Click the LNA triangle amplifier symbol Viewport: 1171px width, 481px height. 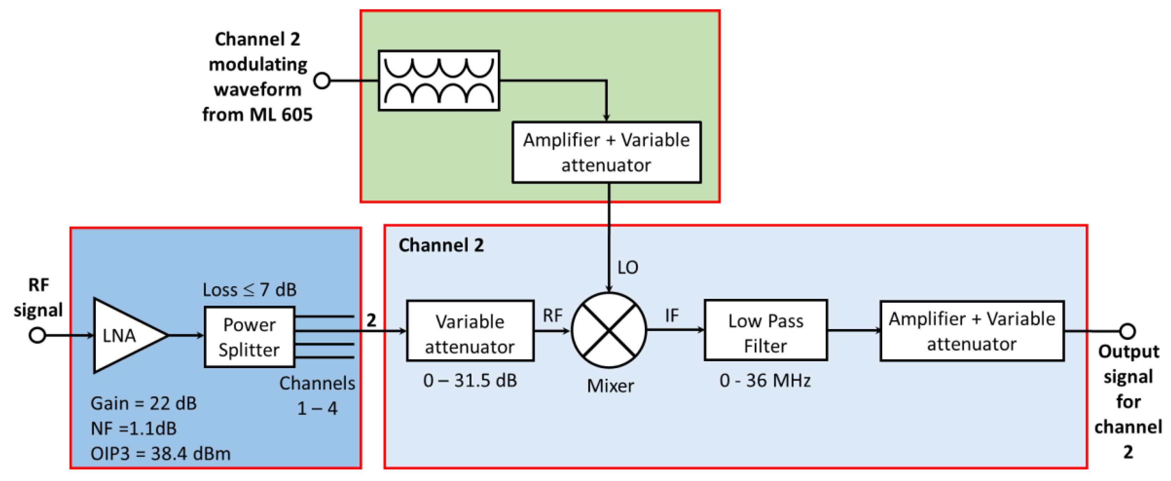pos(125,336)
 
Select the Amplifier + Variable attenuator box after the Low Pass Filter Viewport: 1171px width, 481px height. pos(971,331)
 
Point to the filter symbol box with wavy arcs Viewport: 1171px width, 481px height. pos(439,80)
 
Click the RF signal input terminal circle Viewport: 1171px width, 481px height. pos(37,336)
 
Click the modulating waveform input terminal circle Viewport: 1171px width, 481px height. pos(322,81)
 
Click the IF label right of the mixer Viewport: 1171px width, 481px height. pos(672,315)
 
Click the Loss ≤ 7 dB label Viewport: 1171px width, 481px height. pos(249,290)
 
